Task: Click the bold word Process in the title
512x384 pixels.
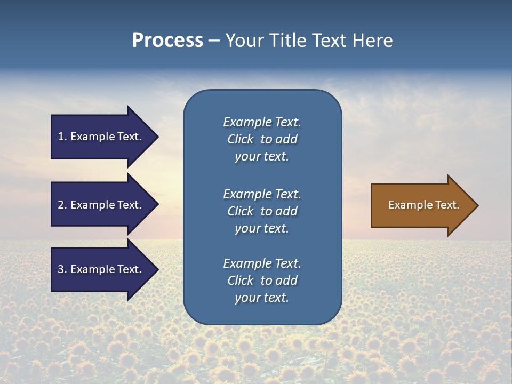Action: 167,41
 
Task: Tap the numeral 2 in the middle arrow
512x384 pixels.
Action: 61,205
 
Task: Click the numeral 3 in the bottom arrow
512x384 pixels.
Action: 61,269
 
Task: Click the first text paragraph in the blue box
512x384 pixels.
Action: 262,139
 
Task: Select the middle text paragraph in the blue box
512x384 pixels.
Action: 262,211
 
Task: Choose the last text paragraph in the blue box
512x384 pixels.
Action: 262,281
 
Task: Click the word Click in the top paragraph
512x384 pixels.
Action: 241,139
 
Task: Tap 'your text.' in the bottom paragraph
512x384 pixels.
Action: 262,298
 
